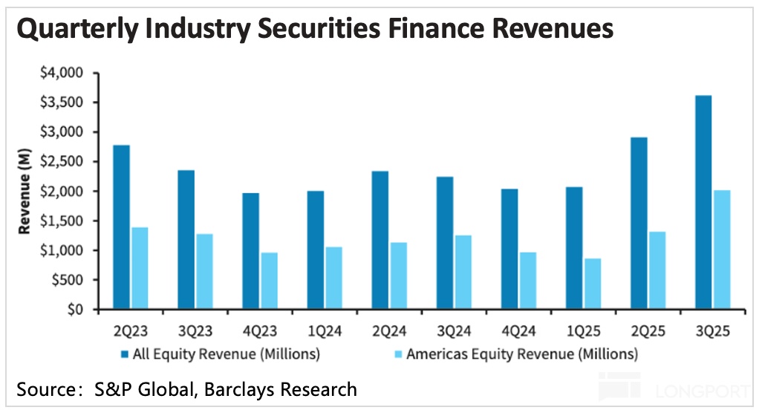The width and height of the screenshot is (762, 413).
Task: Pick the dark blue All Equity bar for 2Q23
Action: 121,227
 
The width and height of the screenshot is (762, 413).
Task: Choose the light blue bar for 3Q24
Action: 463,272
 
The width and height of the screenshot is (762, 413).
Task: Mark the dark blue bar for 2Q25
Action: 638,223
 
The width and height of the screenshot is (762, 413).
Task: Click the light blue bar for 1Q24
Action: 334,278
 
